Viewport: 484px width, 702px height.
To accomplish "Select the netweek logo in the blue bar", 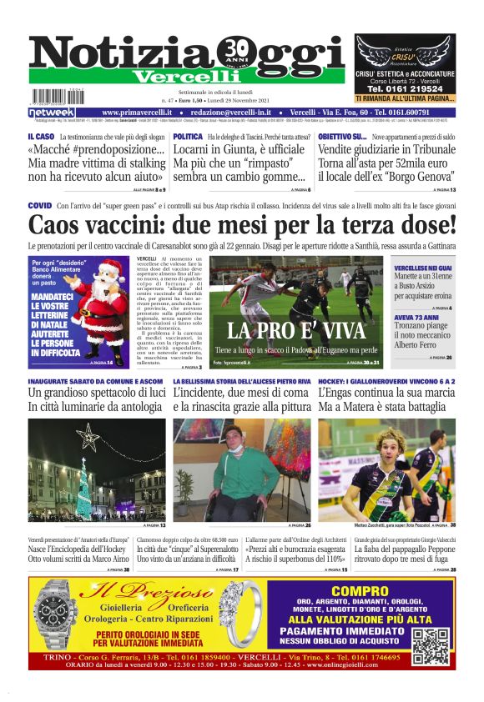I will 51,112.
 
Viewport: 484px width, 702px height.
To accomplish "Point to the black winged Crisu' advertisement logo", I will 405,51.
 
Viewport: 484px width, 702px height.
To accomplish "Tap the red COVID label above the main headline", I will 40,205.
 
